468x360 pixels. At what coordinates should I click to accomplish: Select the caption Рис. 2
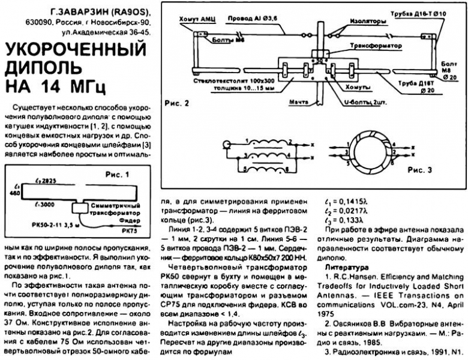pyautogui.click(x=176, y=103)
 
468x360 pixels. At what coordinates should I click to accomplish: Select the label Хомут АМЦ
pyautogui.click(x=192, y=20)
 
